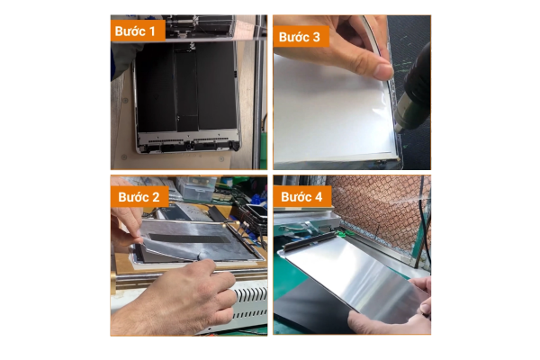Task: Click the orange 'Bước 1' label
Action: [138, 31]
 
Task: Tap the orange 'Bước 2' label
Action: [139, 197]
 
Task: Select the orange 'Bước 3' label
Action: [301, 37]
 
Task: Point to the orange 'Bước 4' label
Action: [302, 197]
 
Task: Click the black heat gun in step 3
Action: [415, 90]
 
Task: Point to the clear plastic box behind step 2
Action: [199, 189]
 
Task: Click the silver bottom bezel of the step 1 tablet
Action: [188, 144]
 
